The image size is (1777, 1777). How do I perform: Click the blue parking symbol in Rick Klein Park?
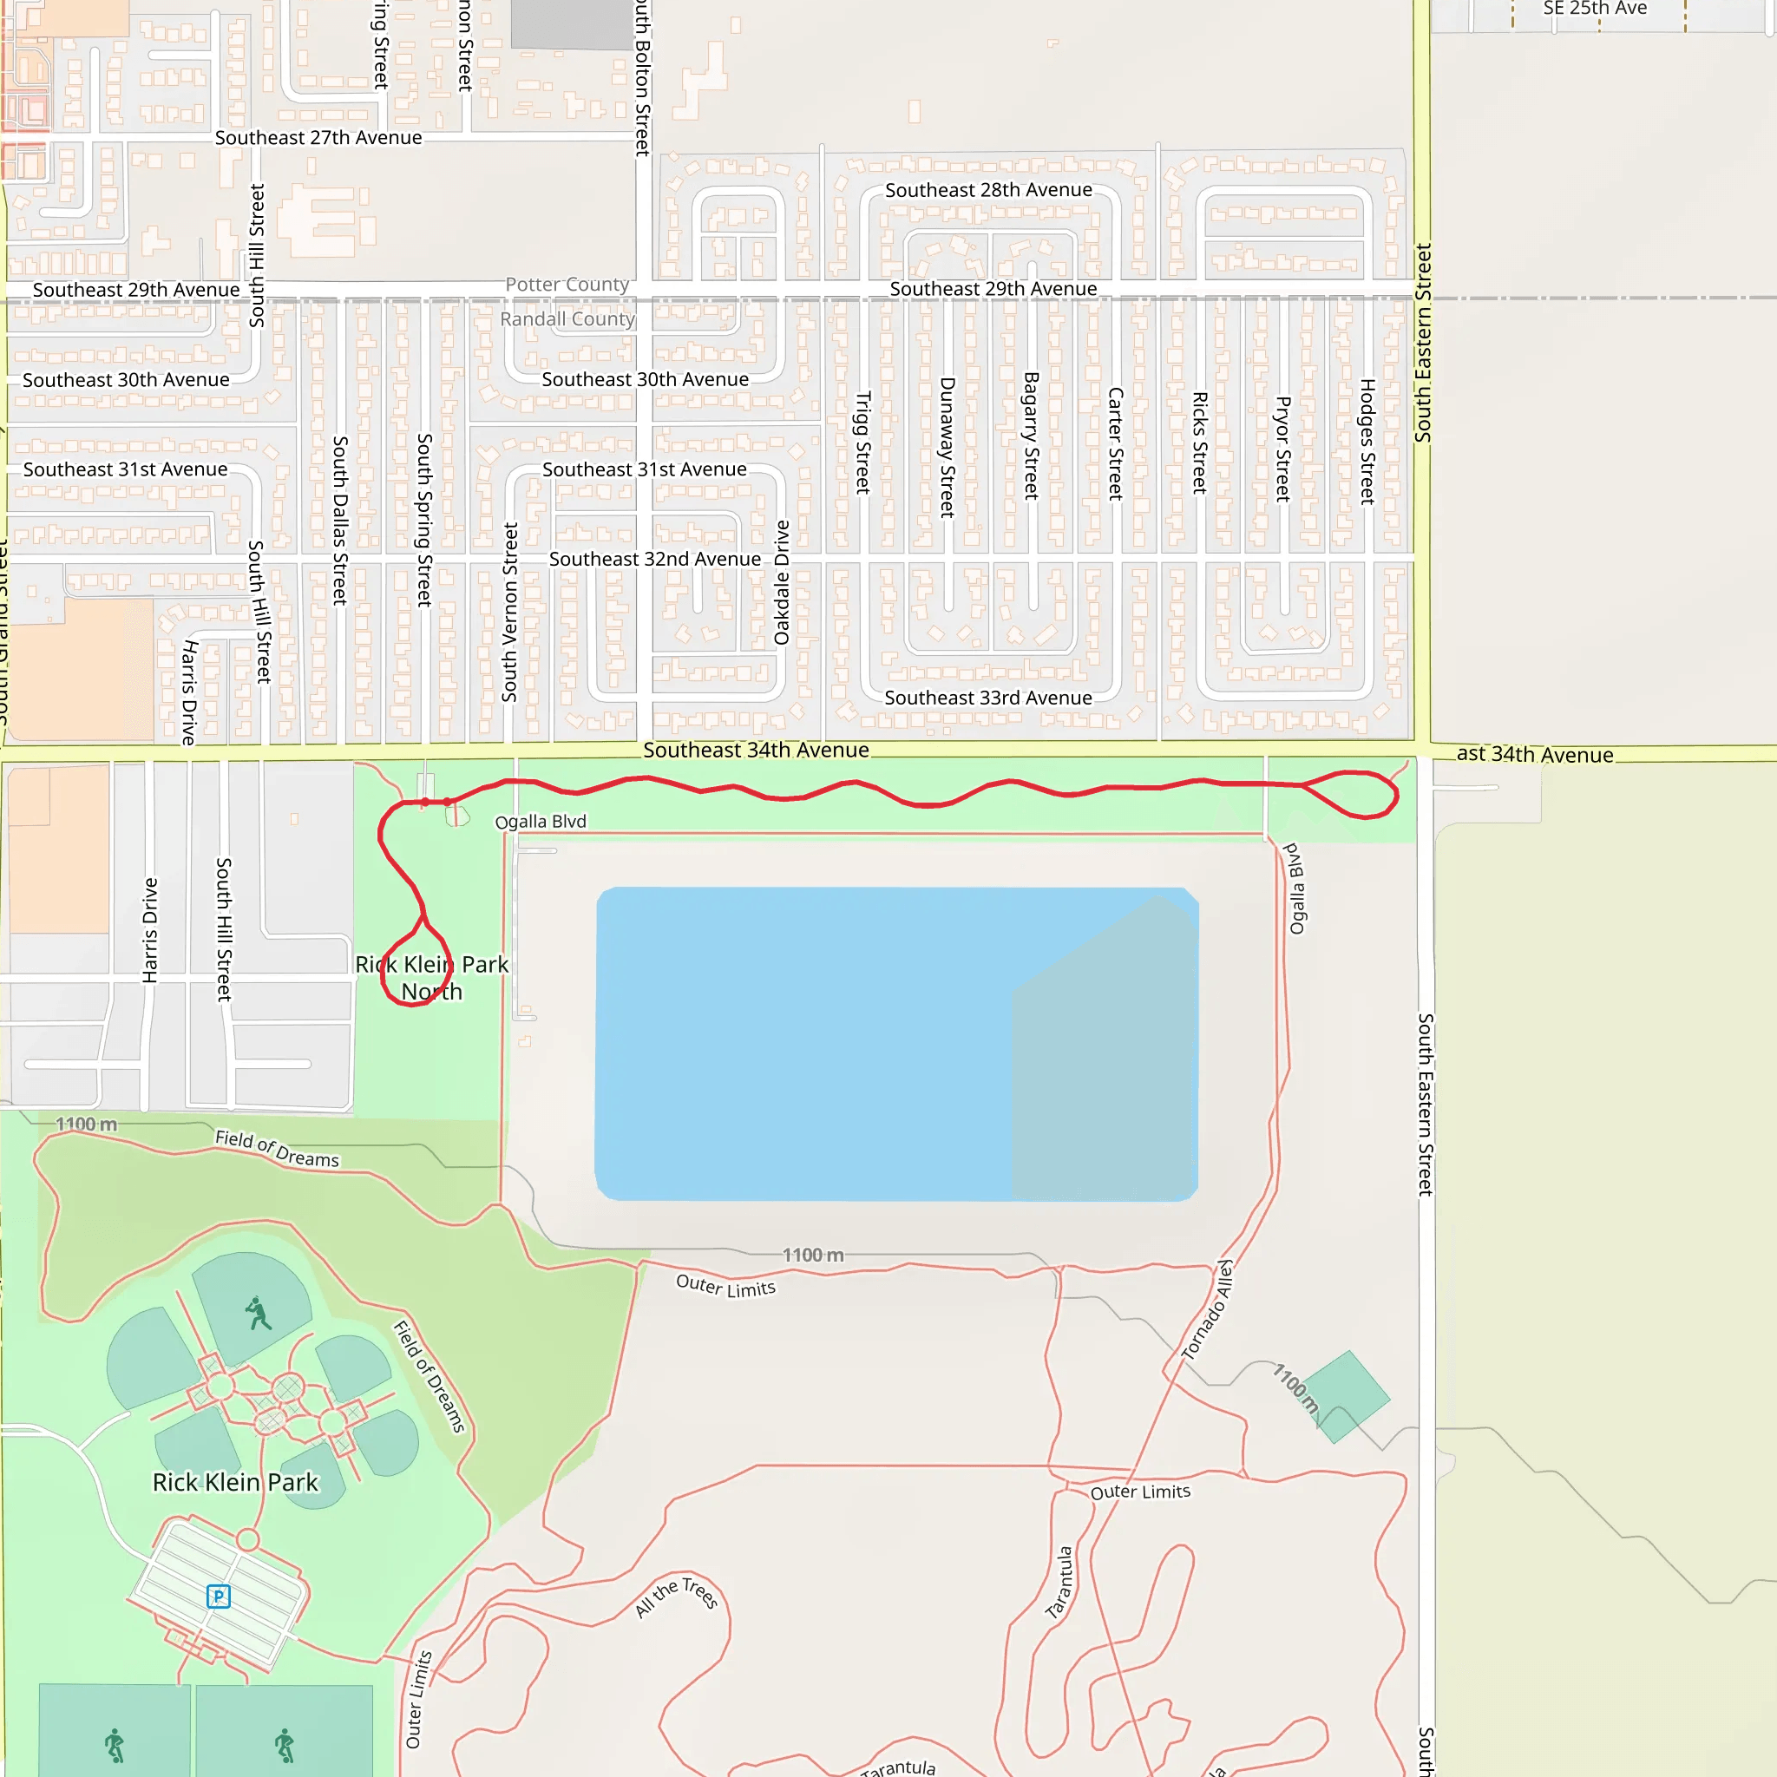[x=218, y=1596]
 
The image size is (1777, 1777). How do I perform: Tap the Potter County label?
[x=567, y=285]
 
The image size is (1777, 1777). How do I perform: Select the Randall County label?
[x=567, y=319]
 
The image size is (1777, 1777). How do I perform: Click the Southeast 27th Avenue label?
[x=318, y=138]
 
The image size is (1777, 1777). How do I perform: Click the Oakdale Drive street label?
[x=782, y=582]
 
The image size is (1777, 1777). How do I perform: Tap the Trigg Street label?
[x=862, y=443]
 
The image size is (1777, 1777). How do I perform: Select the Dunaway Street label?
[x=947, y=447]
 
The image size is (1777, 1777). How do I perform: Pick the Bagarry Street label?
[x=1031, y=436]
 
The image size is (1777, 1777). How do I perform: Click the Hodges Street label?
[x=1367, y=442]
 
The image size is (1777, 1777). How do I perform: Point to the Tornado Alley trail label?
[x=1207, y=1309]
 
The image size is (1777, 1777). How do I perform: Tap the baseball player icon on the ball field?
[x=259, y=1314]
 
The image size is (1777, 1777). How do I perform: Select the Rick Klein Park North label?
[x=431, y=978]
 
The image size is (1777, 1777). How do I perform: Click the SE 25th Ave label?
[x=1595, y=9]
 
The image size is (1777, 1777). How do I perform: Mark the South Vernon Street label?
[x=509, y=613]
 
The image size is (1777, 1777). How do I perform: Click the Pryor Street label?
[x=1282, y=449]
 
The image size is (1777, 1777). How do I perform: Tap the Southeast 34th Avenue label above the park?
[x=755, y=751]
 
